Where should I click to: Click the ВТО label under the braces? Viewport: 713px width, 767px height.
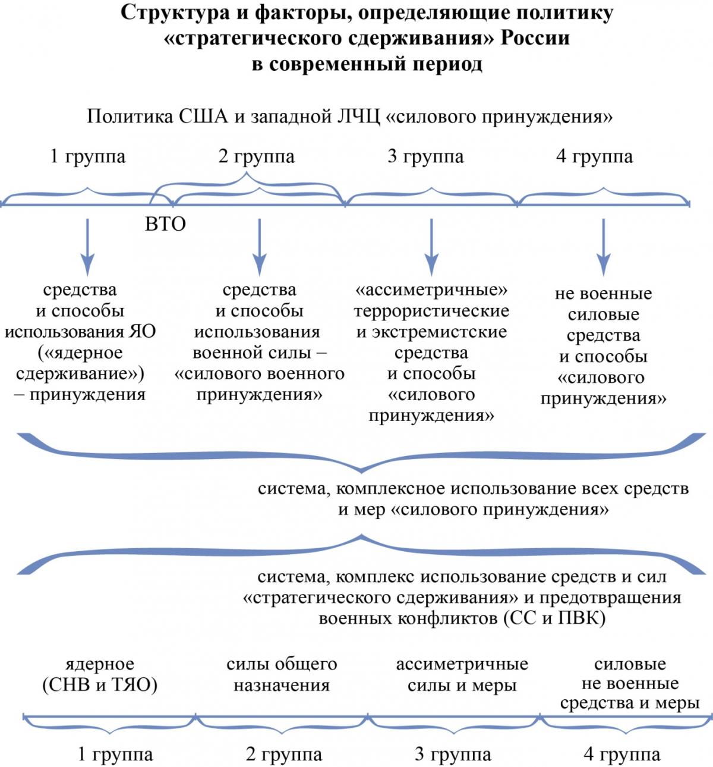[x=165, y=224]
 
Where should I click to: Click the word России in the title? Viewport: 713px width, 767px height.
[x=535, y=38]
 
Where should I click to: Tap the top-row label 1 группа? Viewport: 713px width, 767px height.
[x=88, y=156]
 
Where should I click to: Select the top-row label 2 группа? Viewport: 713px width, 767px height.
[x=256, y=156]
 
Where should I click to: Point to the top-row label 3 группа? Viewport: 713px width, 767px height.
[x=425, y=156]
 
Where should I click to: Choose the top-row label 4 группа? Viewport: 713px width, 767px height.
[x=595, y=156]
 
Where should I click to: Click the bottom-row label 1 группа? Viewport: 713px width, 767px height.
[x=115, y=754]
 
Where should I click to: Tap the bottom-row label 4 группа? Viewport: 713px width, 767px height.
[x=622, y=754]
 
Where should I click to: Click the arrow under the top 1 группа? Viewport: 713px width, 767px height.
[x=87, y=247]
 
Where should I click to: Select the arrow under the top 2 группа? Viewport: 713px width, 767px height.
[x=260, y=247]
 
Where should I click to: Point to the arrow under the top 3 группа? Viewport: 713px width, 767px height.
[x=431, y=247]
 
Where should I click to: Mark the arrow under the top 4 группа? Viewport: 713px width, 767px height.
[x=603, y=247]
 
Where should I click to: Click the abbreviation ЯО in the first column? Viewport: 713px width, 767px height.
[x=142, y=332]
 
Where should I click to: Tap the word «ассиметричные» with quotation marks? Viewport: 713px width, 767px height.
[x=431, y=290]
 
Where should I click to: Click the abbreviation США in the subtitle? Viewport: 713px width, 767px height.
[x=203, y=117]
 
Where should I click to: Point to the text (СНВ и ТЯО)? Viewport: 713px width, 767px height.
[x=100, y=686]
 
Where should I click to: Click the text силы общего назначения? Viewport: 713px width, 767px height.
[x=282, y=675]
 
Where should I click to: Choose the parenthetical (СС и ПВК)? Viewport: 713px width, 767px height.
[x=554, y=619]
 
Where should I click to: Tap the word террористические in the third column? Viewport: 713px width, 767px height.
[x=431, y=311]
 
